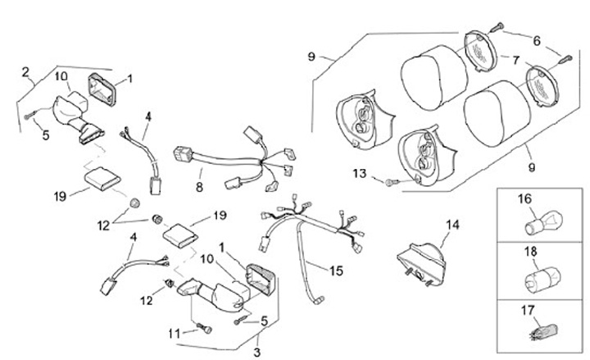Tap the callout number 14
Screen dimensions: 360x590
453,223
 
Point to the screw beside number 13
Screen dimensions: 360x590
393,178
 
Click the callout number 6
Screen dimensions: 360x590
537,40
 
